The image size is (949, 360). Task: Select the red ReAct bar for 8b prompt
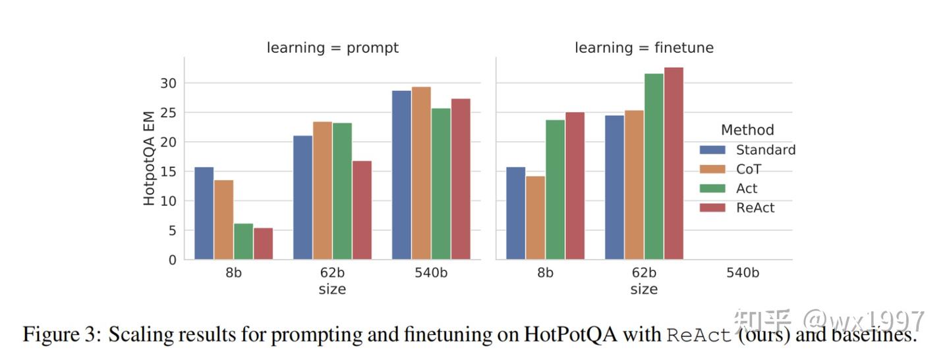263,243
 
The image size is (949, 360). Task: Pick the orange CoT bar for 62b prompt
322,191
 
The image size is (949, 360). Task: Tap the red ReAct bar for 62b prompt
362,210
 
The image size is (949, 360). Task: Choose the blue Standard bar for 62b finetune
614,187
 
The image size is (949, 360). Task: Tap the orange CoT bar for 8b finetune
535,218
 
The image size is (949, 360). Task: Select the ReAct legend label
755,208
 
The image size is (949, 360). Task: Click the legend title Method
747,130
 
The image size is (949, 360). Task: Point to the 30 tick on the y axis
169,83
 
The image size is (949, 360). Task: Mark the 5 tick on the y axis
172,231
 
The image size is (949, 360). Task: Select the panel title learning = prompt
332,48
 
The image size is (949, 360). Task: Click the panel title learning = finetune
644,48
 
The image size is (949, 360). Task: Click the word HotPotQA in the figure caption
570,335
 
